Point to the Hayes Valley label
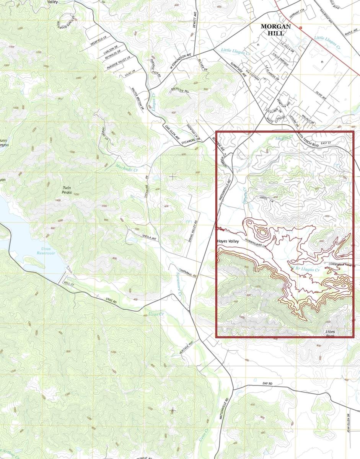(x=228, y=242)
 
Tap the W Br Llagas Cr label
(x=305, y=269)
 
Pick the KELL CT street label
(x=70, y=284)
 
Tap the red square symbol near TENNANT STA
(x=301, y=28)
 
